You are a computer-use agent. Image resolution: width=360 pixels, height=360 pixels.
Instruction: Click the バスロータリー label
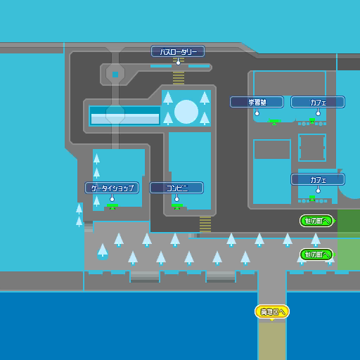178,51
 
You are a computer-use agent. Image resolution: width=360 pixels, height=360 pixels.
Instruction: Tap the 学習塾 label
257,102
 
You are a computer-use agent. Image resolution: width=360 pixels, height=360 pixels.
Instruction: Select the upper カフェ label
318,102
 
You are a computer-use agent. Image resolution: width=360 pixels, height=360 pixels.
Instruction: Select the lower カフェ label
318,179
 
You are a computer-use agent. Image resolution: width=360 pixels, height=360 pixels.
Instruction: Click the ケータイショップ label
112,188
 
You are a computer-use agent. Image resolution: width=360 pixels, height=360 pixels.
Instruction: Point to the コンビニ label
176,188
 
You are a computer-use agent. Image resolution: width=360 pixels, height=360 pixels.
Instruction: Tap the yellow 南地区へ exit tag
272,311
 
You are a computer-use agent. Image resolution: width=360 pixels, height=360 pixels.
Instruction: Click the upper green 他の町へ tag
316,221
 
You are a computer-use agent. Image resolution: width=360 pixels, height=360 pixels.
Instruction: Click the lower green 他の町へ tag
316,255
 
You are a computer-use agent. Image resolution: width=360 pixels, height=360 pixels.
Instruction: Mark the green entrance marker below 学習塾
274,122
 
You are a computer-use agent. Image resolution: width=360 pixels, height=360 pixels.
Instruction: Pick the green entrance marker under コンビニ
177,207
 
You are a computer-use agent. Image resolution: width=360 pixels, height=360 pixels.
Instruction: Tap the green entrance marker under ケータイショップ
112,207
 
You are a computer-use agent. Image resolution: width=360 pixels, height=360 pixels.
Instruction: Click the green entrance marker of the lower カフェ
312,198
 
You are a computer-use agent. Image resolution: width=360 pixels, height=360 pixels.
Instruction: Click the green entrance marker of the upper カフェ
312,121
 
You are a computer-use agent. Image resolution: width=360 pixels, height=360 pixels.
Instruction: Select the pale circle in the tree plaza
186,111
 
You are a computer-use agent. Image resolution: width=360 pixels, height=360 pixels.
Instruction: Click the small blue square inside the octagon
115,74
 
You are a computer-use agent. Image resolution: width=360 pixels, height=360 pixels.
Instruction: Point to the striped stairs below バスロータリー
179,77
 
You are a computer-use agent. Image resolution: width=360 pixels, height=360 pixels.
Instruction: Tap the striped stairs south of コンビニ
205,224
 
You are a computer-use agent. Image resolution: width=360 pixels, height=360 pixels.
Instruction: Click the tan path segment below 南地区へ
272,341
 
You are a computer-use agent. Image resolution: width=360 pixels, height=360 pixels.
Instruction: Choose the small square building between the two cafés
312,148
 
